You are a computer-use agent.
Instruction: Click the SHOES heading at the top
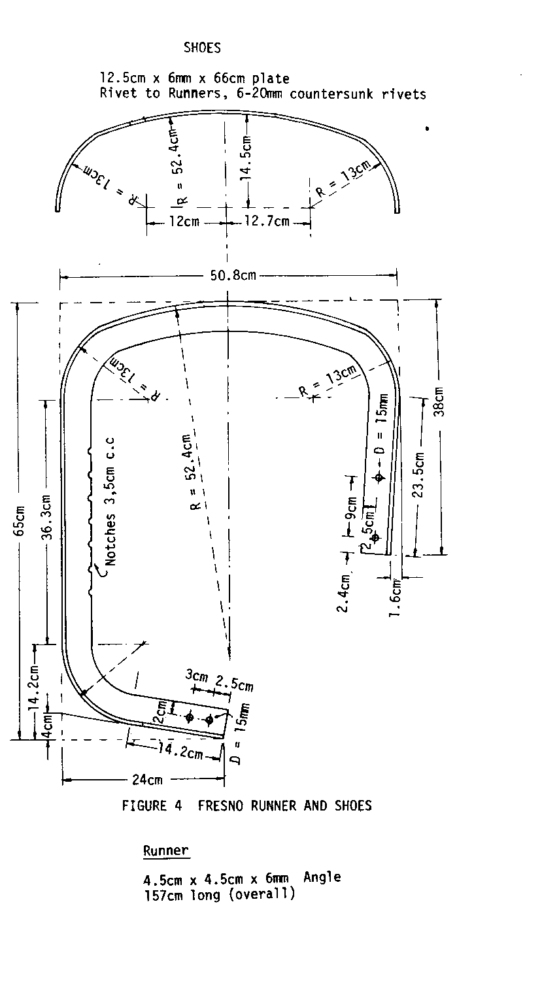(202, 48)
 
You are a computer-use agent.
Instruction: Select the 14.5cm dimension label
(246, 158)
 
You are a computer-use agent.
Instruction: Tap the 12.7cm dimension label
(267, 221)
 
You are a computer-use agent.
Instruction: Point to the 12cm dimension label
(184, 221)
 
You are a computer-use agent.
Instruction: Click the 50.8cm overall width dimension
(233, 275)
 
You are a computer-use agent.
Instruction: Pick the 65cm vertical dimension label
(19, 521)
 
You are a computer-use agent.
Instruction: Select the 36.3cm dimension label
(48, 517)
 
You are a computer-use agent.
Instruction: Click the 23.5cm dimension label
(418, 475)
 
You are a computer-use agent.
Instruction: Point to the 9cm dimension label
(351, 508)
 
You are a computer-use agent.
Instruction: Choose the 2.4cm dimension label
(343, 594)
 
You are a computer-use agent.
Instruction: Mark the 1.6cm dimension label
(395, 597)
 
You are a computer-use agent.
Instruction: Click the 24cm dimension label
(148, 780)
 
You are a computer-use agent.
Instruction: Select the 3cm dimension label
(197, 675)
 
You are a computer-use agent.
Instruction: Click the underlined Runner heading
(166, 850)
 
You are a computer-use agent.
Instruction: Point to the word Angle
(322, 877)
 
